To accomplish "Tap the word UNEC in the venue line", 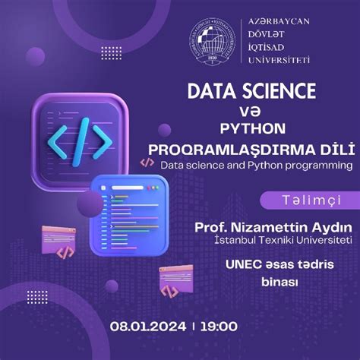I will pos(242,265).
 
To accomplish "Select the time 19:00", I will pos(219,326).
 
